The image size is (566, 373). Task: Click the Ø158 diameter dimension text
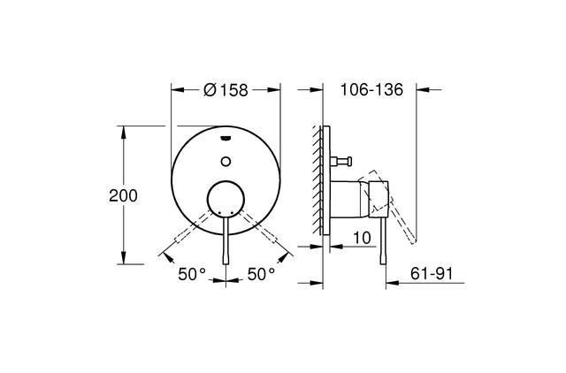[x=226, y=89]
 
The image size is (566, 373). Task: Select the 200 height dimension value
[x=123, y=195]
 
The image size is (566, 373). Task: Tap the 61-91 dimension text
[x=432, y=275]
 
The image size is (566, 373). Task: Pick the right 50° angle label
[x=262, y=275]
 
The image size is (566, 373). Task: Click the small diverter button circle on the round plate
[x=226, y=161]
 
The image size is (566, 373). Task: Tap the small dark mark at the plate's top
[x=226, y=138]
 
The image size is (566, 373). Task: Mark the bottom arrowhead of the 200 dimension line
[x=123, y=263]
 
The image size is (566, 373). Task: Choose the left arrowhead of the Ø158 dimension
[x=175, y=89]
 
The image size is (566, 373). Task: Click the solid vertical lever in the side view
[x=384, y=243]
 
